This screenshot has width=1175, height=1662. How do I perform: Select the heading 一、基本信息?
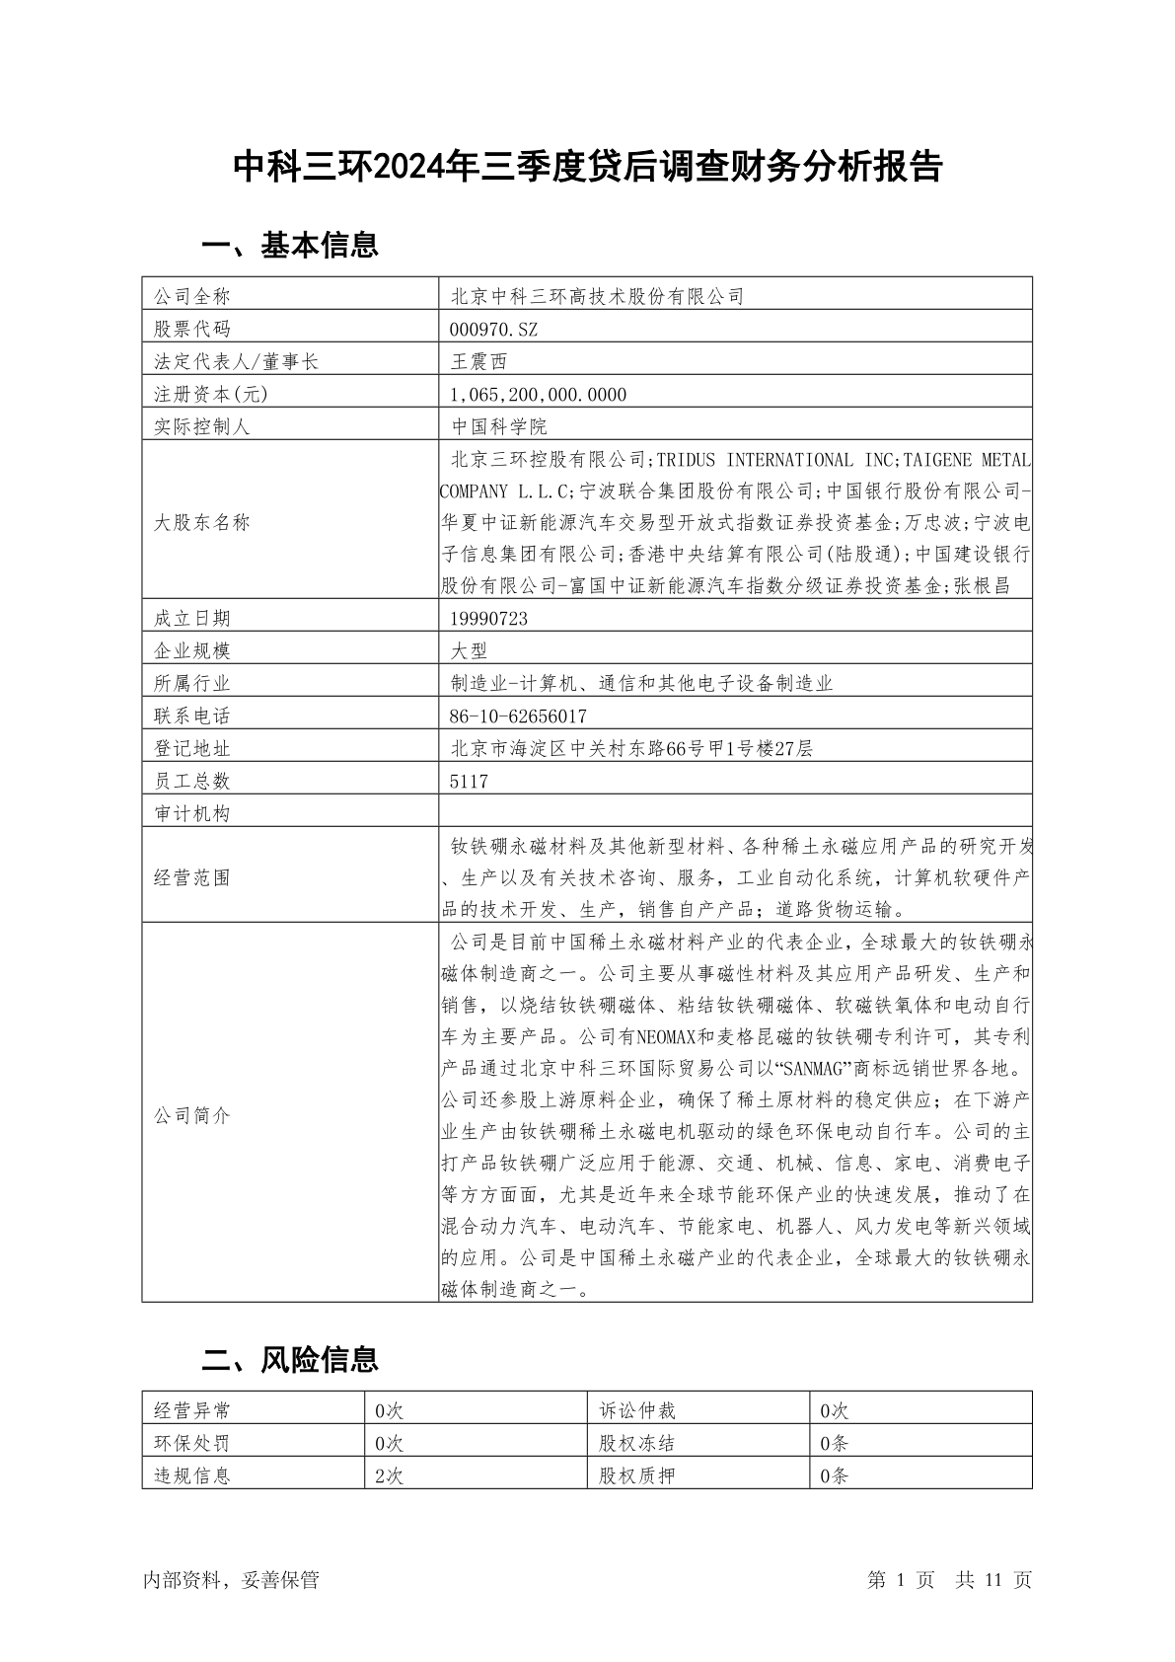[x=290, y=245]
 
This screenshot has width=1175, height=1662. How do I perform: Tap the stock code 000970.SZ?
[x=493, y=329]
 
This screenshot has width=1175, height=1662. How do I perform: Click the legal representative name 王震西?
[x=478, y=361]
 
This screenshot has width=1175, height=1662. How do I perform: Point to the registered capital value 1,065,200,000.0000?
[x=538, y=395]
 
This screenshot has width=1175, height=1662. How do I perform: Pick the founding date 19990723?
[x=488, y=619]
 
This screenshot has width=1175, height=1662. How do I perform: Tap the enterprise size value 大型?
[x=469, y=651]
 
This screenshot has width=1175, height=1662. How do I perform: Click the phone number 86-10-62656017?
[x=518, y=717]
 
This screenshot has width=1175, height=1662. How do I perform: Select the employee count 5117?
[x=469, y=782]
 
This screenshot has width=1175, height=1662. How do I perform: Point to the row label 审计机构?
[x=192, y=814]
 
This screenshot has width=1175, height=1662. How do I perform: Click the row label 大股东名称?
[x=202, y=523]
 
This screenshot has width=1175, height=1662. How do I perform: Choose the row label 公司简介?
[x=192, y=1115]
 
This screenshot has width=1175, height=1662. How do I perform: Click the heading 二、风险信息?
[x=290, y=1360]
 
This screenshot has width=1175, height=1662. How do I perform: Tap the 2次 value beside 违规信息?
[x=390, y=1476]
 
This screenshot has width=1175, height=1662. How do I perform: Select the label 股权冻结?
[x=636, y=1444]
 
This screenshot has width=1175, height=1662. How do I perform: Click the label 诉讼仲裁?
[x=636, y=1411]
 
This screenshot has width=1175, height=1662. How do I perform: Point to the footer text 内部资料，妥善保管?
[x=231, y=1580]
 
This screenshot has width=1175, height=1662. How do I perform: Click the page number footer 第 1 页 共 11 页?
[x=949, y=1580]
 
